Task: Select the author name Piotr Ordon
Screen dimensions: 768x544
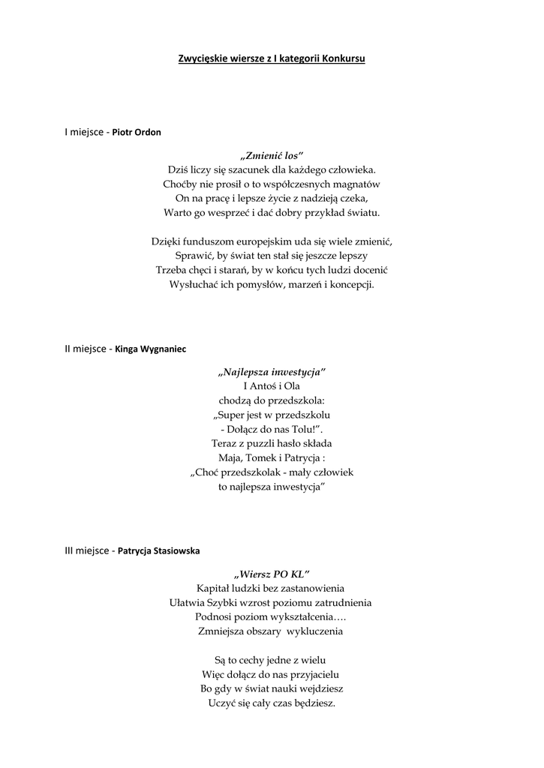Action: [137, 132]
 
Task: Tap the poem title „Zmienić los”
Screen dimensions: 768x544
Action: [272, 155]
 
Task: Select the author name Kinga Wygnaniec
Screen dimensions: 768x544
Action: [150, 349]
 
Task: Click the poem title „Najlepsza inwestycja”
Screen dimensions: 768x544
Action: [272, 372]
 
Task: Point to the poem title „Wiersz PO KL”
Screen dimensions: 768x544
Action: [272, 574]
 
